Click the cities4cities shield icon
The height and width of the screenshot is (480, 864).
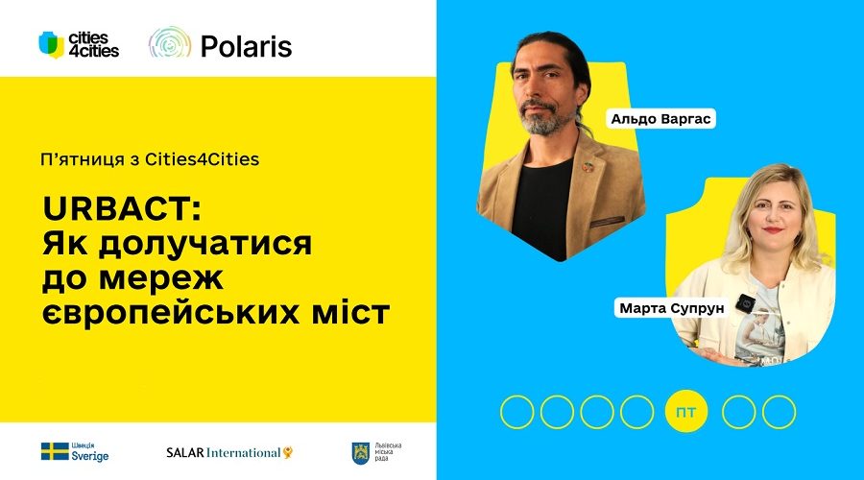pyautogui.click(x=51, y=44)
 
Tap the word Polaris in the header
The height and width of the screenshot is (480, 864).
pyautogui.click(x=247, y=46)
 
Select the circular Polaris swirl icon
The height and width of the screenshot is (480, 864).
pyautogui.click(x=170, y=43)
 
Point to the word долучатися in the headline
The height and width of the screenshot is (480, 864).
pyautogui.click(x=205, y=244)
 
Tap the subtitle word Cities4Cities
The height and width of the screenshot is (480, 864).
pyautogui.click(x=203, y=159)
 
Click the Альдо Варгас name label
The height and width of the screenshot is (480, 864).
pyautogui.click(x=660, y=118)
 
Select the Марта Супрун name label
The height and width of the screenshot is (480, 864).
pyautogui.click(x=671, y=307)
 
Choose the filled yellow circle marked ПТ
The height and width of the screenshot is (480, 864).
pyautogui.click(x=685, y=412)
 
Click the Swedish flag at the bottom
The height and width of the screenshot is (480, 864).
pyautogui.click(x=55, y=451)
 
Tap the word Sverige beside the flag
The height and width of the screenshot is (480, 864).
pyautogui.click(x=90, y=456)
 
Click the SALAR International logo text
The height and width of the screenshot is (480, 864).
pyautogui.click(x=228, y=452)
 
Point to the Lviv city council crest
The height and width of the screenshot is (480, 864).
pyautogui.click(x=360, y=453)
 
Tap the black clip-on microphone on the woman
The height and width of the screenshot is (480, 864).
pyautogui.click(x=745, y=303)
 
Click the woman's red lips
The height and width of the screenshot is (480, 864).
pyautogui.click(x=773, y=229)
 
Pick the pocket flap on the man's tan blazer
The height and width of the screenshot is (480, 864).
pyautogui.click(x=608, y=222)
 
